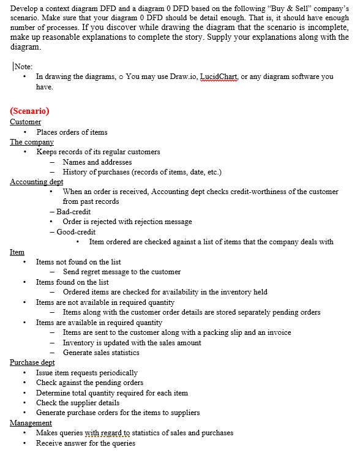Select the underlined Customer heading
(26, 122)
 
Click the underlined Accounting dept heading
(37, 182)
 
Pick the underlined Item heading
(17, 252)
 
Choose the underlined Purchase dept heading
(32, 362)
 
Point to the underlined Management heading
(31, 422)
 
